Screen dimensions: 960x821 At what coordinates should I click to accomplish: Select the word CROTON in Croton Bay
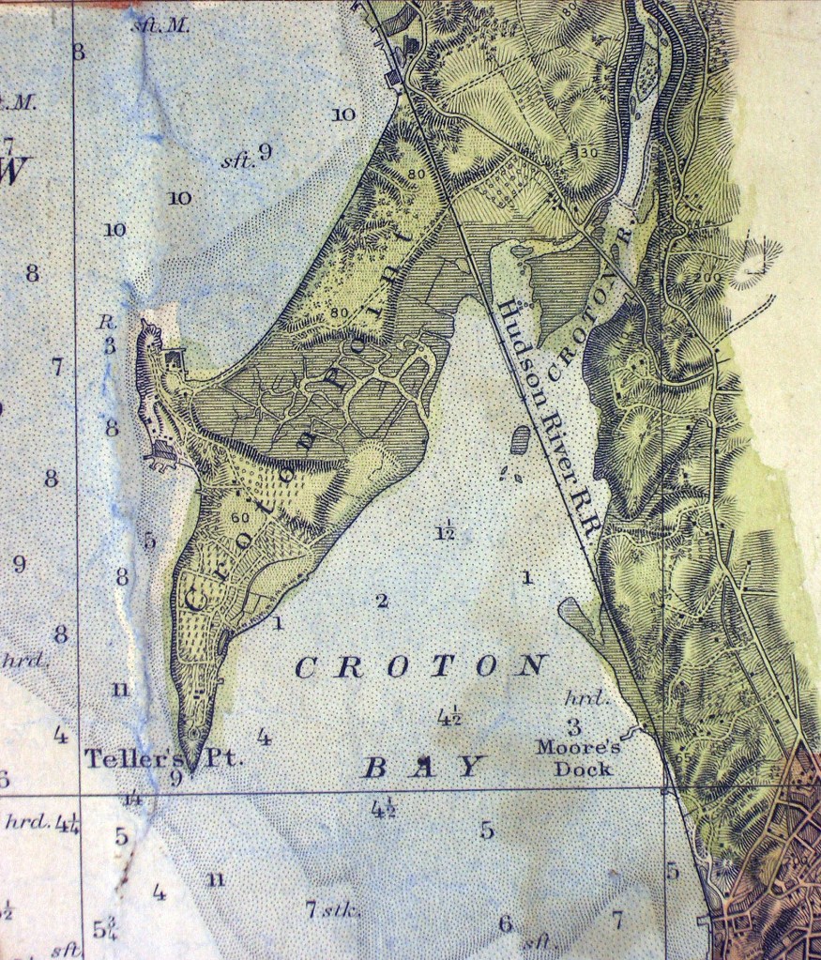click(419, 667)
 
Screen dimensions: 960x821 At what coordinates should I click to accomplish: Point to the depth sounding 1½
click(446, 533)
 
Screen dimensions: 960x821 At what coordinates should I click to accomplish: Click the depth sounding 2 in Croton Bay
click(381, 601)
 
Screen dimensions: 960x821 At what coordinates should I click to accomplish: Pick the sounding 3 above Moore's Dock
click(573, 725)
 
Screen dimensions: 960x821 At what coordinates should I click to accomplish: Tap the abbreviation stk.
click(336, 909)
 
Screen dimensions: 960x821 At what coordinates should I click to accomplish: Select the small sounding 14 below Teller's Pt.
click(132, 800)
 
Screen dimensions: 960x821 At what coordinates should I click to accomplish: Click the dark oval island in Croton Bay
click(518, 440)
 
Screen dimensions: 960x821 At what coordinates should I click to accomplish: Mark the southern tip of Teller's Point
click(191, 771)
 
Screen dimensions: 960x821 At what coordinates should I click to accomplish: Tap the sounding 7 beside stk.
click(311, 908)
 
